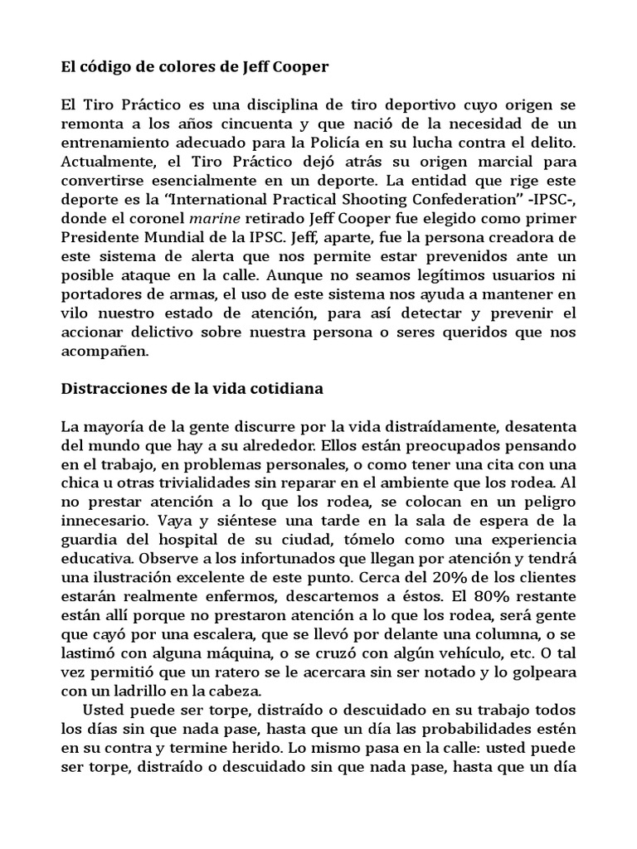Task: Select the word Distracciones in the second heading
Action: point(112,386)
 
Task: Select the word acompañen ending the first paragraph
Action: point(105,350)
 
